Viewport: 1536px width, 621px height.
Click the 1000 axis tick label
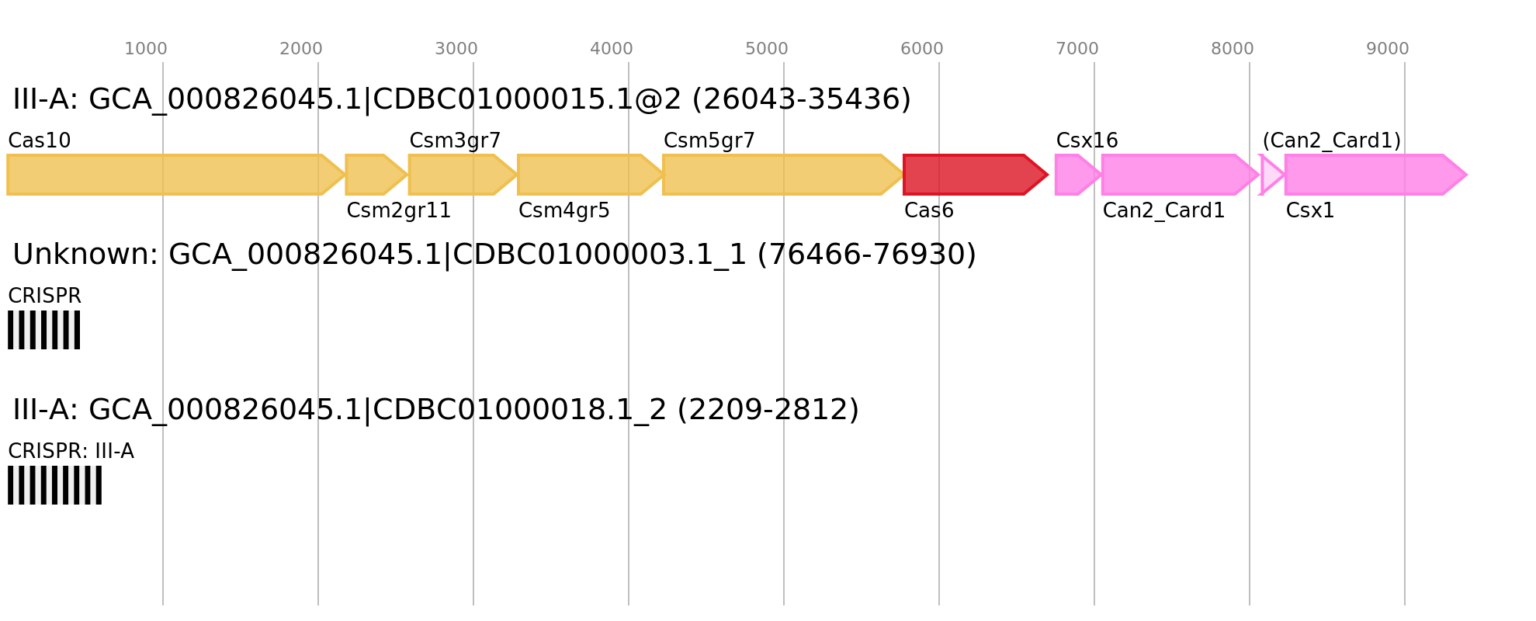(x=146, y=49)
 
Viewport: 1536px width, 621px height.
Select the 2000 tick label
(x=301, y=49)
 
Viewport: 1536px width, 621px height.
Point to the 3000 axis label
(x=456, y=49)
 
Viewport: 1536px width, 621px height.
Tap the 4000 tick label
(x=612, y=49)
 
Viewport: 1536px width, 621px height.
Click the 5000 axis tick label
(x=767, y=49)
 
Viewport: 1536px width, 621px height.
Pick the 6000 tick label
(x=922, y=49)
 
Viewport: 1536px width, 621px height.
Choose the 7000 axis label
(x=1077, y=49)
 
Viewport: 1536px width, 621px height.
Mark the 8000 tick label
(x=1233, y=49)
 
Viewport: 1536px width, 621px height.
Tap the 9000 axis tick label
(x=1388, y=49)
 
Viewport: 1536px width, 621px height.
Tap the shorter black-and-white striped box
(x=43, y=330)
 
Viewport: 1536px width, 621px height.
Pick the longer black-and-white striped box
(x=54, y=485)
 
